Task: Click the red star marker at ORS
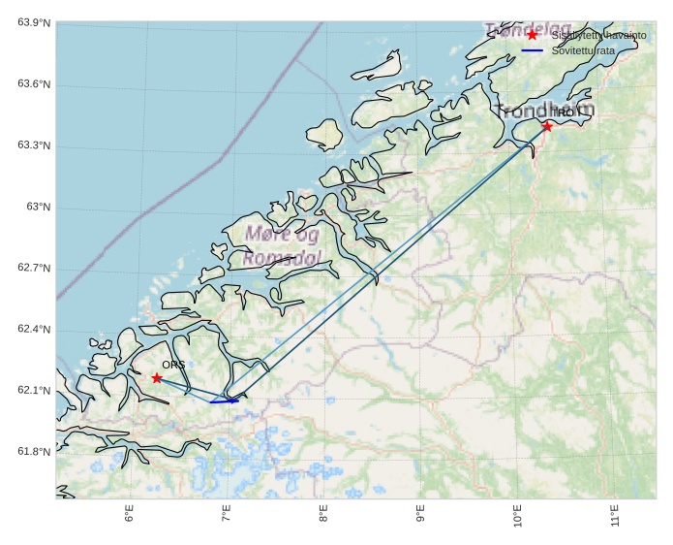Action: [x=157, y=377]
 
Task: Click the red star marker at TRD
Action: [x=547, y=126]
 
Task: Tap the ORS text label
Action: [x=173, y=365]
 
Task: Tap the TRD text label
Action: [x=564, y=112]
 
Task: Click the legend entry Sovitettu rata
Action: [x=583, y=49]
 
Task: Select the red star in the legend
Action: [x=532, y=35]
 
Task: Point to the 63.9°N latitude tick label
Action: [x=34, y=23]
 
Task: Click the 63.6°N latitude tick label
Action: [x=34, y=84]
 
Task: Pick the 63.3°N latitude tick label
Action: [x=34, y=145]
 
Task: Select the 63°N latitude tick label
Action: [x=38, y=207]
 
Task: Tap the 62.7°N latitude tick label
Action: [x=34, y=268]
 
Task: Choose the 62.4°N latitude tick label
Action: [x=34, y=330]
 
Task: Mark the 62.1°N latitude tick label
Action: [x=34, y=391]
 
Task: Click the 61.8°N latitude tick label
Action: [x=34, y=452]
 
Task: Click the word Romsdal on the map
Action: [x=282, y=258]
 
